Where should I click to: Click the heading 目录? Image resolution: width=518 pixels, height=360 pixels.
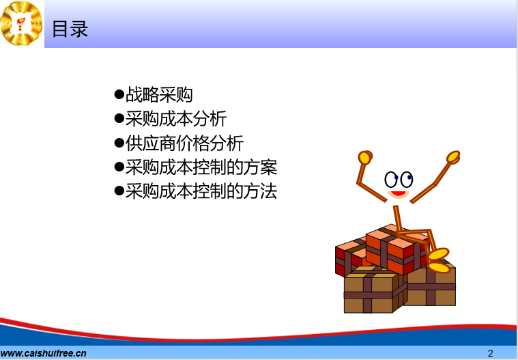click(70, 29)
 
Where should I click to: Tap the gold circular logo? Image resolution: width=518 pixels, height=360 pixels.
click(21, 23)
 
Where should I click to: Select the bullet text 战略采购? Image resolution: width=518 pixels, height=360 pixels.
click(159, 94)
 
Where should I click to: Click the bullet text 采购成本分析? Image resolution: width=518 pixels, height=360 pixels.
click(176, 119)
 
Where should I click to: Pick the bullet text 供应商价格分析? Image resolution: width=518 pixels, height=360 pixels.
click(184, 143)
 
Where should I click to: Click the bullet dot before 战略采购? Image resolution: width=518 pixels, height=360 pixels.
click(119, 94)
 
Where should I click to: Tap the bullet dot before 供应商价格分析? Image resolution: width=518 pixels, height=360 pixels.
click(119, 143)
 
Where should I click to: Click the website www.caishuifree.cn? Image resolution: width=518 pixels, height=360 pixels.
click(43, 353)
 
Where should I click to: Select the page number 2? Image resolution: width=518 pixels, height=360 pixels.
click(490, 353)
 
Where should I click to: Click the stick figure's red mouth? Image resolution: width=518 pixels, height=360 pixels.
click(399, 194)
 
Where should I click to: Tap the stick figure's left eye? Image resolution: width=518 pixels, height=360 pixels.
click(391, 180)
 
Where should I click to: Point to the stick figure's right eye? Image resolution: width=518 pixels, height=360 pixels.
click(406, 180)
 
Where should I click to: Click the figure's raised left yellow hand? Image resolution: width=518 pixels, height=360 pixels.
click(365, 157)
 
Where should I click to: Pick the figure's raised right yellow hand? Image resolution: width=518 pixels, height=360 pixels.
click(453, 157)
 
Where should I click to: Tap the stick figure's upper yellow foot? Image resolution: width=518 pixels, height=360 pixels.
click(439, 254)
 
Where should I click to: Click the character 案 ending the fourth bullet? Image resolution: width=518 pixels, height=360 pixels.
click(269, 167)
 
